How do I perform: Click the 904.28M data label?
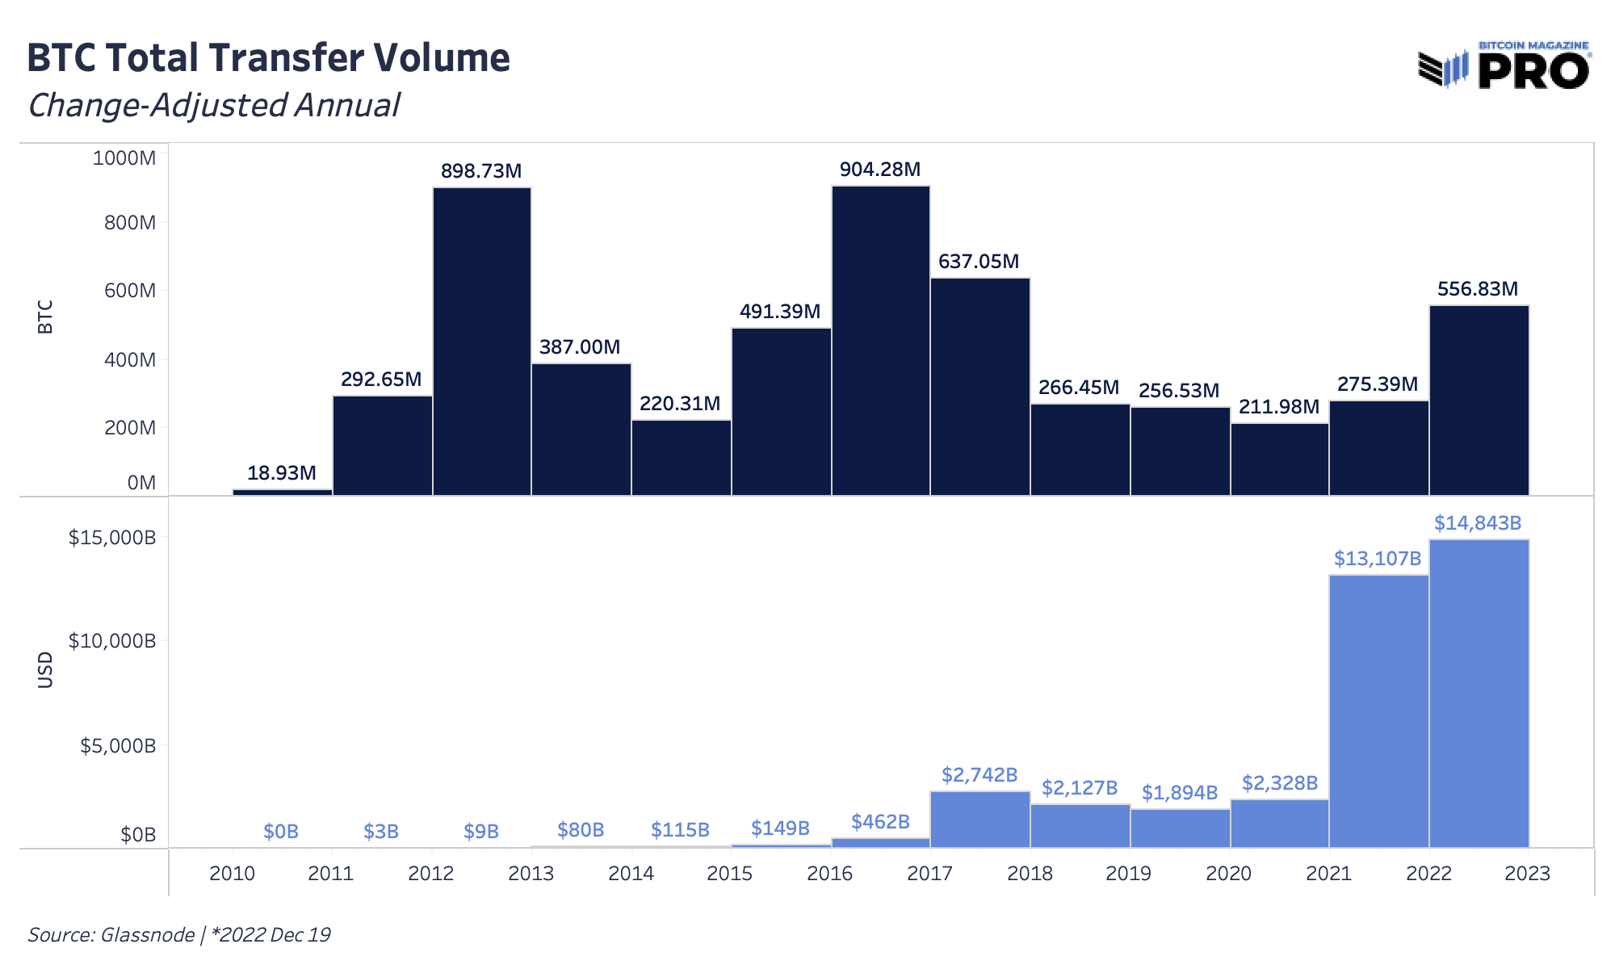tap(880, 170)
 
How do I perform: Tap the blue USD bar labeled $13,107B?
tap(1378, 711)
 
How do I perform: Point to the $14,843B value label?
tap(1478, 523)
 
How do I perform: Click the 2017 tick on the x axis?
tap(929, 874)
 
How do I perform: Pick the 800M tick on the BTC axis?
tap(129, 223)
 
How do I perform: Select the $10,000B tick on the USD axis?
tap(111, 642)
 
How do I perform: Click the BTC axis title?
tap(45, 317)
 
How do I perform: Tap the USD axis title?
tap(45, 669)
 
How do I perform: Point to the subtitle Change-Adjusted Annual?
tap(214, 106)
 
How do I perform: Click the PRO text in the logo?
tap(1533, 72)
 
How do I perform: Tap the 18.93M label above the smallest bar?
tap(281, 473)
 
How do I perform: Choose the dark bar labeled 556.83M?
tap(1479, 400)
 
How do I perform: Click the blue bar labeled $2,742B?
tap(979, 819)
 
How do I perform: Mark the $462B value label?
tap(880, 822)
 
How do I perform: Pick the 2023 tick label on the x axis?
tap(1527, 874)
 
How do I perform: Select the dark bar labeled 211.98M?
tap(1279, 459)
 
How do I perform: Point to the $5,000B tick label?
tap(117, 746)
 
